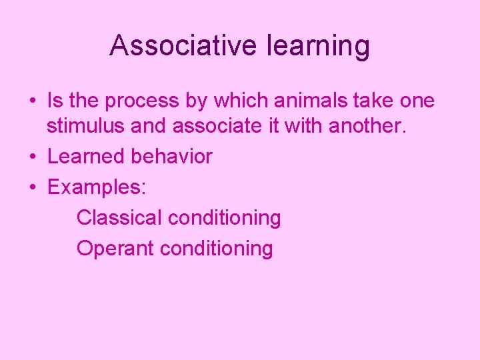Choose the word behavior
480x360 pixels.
[171, 157]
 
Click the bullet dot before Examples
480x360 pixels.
[32, 188]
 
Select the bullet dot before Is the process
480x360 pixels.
[32, 101]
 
